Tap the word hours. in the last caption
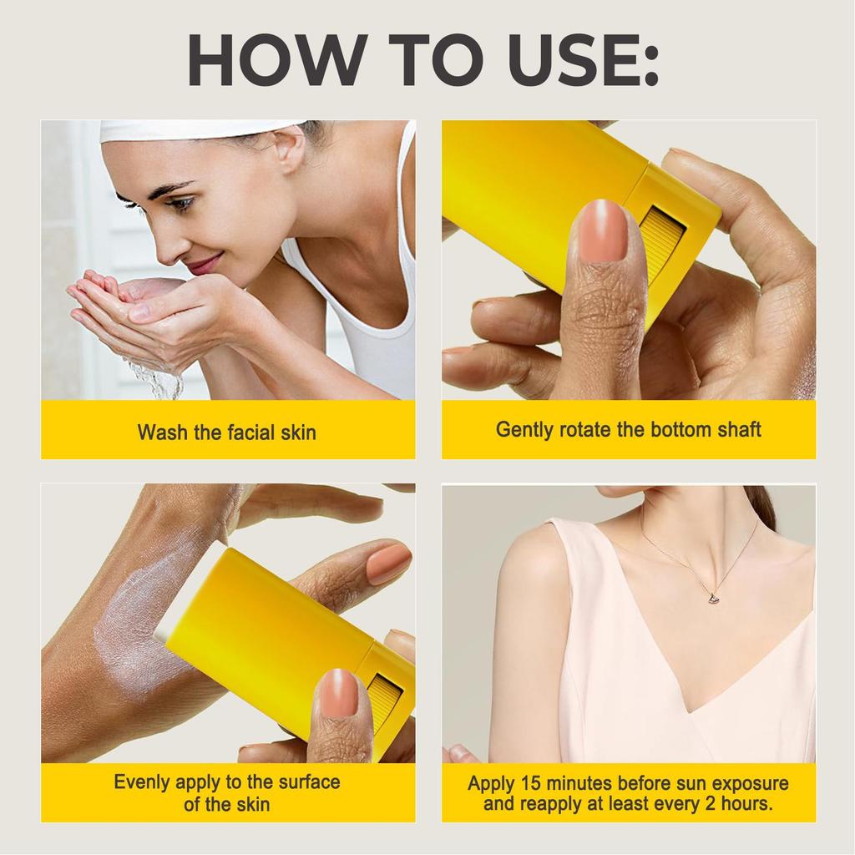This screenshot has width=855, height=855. [741, 804]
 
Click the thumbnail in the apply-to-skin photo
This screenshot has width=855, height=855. [339, 694]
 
